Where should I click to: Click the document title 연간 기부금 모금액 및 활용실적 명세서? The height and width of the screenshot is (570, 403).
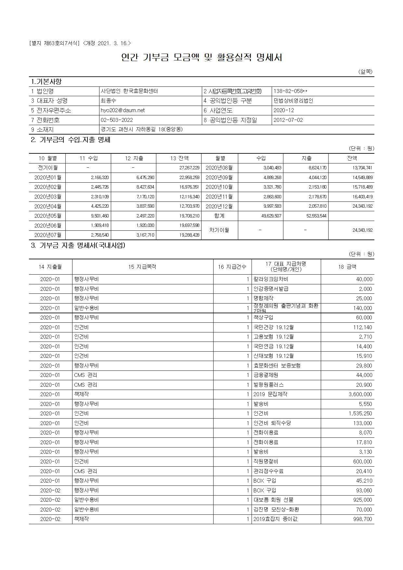point(201,58)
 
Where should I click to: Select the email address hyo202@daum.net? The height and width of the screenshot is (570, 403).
point(123,110)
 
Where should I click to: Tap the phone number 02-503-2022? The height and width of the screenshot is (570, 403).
point(117,120)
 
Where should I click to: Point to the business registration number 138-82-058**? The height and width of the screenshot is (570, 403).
point(290,91)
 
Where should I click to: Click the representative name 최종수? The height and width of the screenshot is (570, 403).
point(108,101)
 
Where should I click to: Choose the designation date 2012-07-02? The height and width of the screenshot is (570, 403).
point(288,120)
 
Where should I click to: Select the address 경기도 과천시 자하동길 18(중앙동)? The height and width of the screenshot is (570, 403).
point(141,129)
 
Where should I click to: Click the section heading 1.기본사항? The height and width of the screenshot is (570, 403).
point(46,81)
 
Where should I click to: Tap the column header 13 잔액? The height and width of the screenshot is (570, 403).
point(179,158)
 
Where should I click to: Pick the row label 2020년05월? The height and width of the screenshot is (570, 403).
point(47,216)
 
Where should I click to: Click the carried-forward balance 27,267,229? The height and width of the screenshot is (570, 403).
point(189,168)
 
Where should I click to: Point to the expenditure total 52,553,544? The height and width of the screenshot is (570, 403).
point(316,216)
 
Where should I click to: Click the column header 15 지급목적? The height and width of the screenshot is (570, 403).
point(142,267)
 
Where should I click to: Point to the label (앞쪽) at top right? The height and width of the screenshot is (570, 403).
point(365,71)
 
